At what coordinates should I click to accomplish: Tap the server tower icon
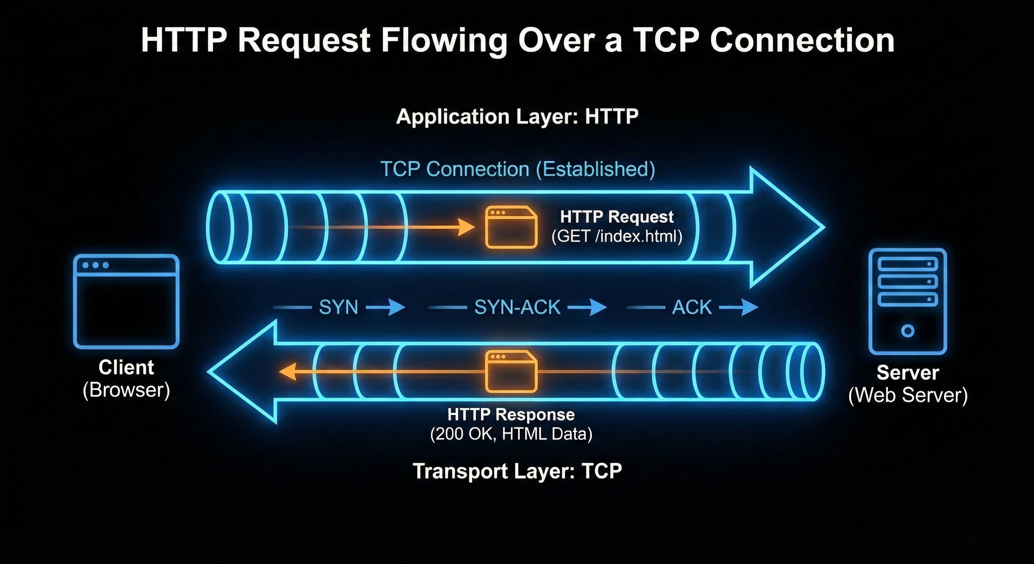908,301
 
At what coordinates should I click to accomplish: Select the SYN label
339,307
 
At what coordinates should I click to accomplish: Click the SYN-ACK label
517,307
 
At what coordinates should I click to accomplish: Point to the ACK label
692,307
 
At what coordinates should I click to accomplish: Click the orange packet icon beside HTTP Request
511,227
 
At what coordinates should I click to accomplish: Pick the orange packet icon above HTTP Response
511,371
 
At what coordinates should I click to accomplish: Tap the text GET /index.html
617,236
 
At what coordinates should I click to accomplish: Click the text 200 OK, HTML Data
511,434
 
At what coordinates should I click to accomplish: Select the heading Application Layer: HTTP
517,117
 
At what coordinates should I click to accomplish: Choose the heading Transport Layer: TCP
517,471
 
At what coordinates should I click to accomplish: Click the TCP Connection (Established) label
517,169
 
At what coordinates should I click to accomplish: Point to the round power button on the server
908,331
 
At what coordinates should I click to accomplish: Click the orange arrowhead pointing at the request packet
467,227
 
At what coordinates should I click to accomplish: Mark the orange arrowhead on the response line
288,371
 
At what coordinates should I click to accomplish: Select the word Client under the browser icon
126,367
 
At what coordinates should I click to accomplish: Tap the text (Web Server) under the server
908,395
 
